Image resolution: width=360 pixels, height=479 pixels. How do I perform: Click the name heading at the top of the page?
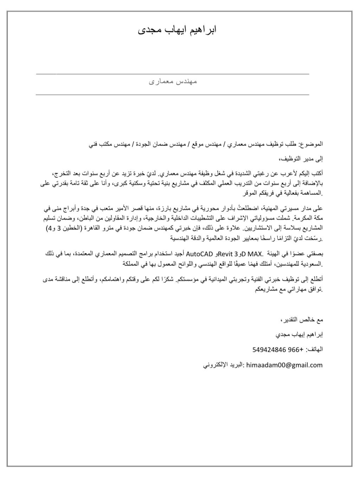point(177,30)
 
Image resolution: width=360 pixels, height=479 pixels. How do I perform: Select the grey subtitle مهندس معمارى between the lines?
point(173,82)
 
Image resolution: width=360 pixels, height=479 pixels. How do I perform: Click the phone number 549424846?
point(270,350)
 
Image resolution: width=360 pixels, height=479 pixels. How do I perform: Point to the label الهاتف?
point(315,350)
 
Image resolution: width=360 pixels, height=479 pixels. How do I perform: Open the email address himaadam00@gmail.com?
point(284,365)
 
